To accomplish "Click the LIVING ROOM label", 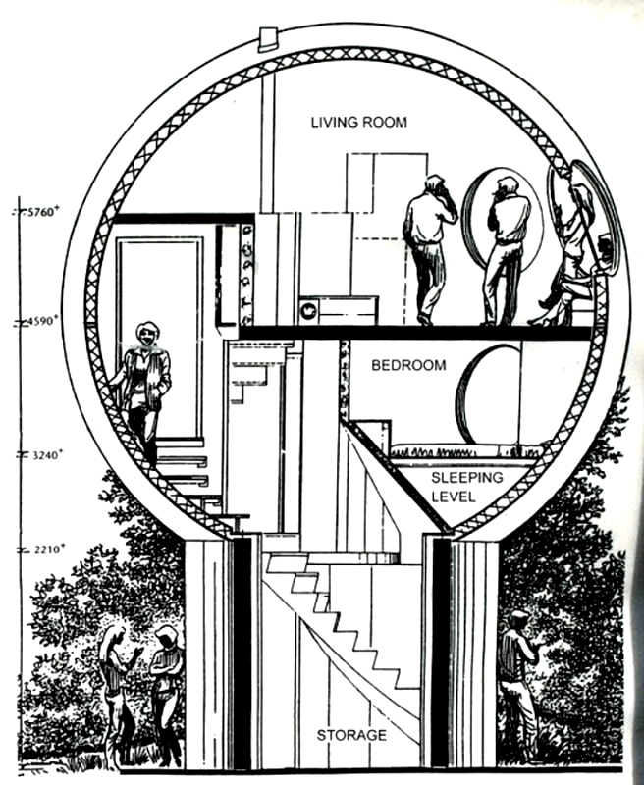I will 358,123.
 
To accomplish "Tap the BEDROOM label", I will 408,366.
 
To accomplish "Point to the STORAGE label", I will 351,735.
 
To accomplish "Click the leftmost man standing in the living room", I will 427,245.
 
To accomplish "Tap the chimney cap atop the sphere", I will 268,38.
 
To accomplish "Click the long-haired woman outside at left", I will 115,691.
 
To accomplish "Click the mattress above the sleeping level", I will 465,452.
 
